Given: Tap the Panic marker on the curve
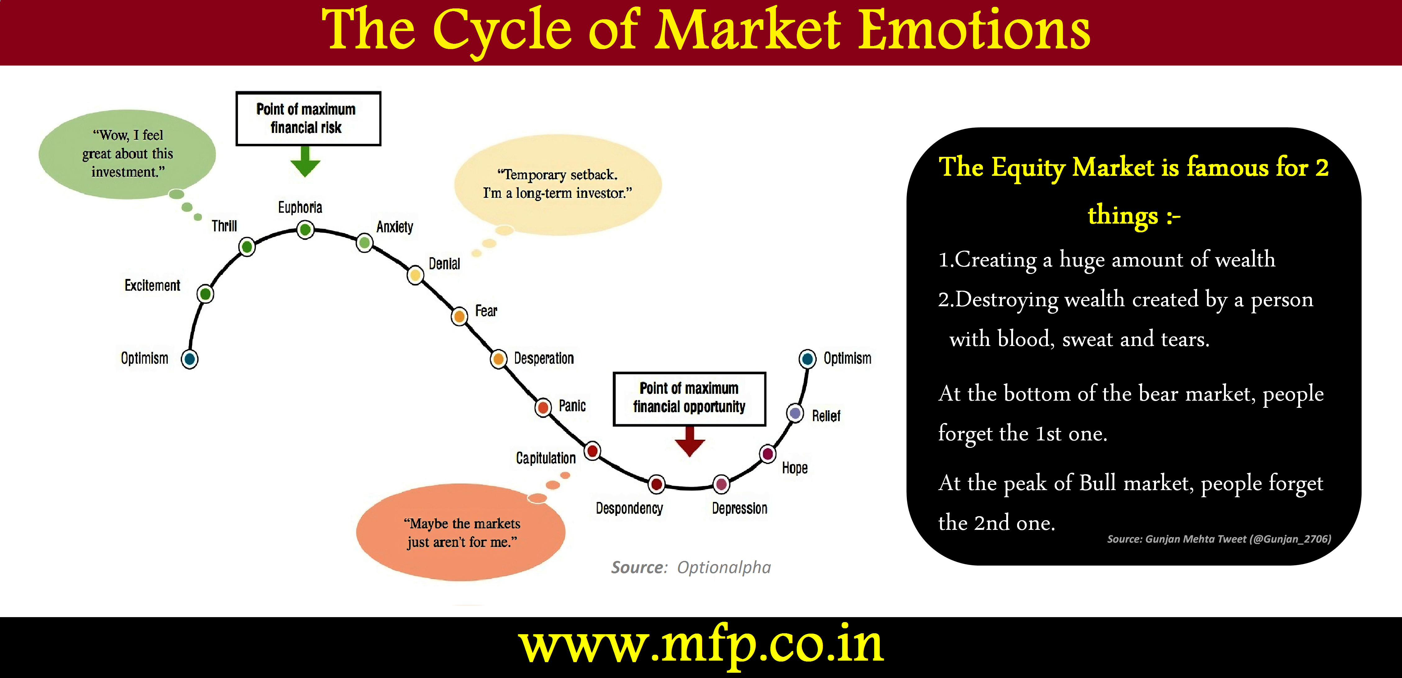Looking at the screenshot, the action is tap(543, 407).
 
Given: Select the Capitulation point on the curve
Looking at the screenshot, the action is tap(592, 451).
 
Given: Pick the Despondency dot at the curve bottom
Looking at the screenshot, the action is tap(656, 484).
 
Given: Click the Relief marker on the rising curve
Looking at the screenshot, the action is tap(795, 413).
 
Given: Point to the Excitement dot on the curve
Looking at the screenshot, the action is tap(205, 294).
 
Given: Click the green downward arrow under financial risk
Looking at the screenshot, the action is tap(305, 161).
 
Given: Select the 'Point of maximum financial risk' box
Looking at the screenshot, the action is tap(308, 119).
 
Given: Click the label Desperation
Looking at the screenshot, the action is tap(544, 358).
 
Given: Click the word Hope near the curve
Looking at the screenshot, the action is tap(795, 468).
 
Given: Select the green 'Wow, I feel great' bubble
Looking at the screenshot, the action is tap(127, 154).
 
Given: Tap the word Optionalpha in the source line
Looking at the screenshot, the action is tap(724, 567).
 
